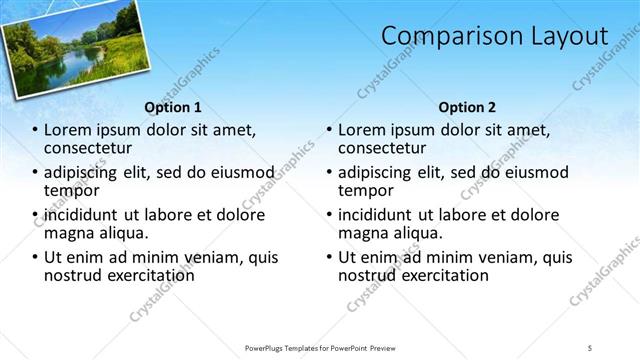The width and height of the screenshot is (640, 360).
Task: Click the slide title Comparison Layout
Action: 494,37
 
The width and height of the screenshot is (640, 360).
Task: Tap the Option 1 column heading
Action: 172,107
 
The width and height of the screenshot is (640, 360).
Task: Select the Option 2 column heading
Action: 466,107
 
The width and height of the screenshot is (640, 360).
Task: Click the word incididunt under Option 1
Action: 82,215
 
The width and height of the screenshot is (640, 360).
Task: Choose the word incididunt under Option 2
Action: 376,215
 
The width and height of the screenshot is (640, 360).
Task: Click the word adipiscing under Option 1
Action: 81,172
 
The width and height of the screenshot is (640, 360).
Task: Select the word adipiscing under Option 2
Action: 375,172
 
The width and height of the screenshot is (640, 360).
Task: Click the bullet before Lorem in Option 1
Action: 36,131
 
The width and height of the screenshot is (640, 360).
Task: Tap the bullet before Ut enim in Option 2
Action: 330,258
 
